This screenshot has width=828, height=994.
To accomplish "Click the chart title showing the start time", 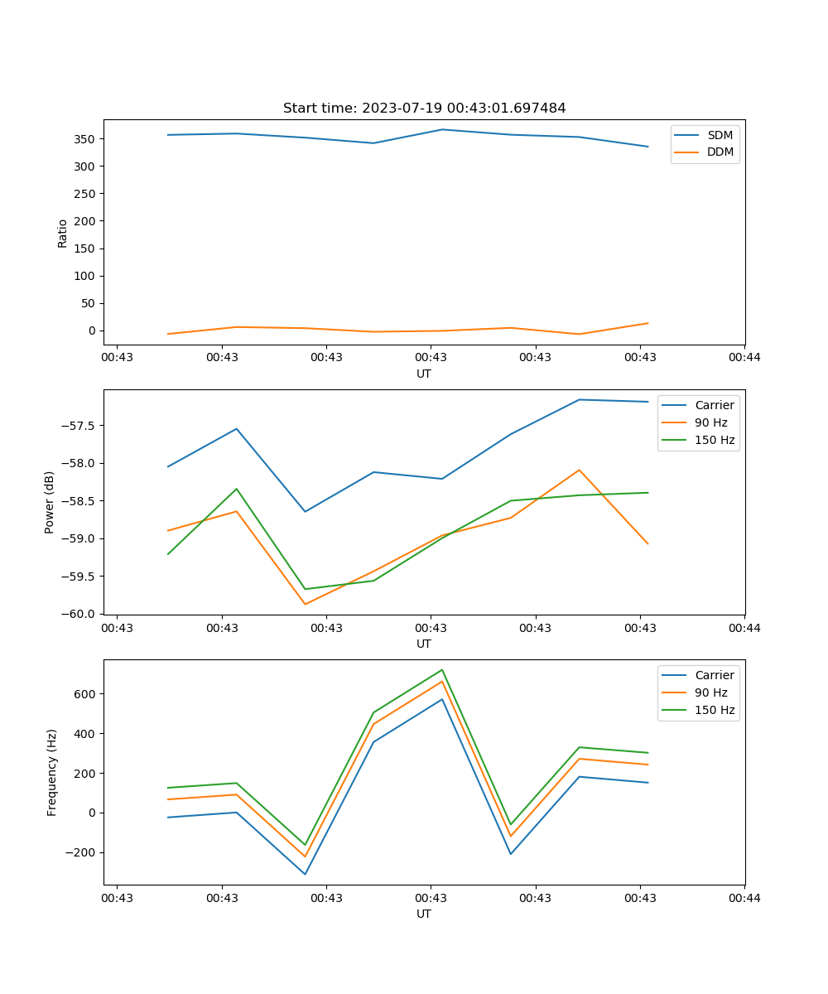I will click(424, 109).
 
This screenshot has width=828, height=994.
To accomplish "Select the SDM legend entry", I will click(720, 135).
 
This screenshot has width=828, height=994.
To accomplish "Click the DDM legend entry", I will click(720, 152).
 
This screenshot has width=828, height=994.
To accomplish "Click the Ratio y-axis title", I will click(63, 233).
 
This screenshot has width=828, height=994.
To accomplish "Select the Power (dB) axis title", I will click(50, 502).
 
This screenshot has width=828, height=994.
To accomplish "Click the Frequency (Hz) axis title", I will click(51, 772).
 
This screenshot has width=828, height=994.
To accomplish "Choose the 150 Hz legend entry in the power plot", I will click(714, 440).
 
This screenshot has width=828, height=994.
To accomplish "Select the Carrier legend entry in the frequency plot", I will click(714, 675).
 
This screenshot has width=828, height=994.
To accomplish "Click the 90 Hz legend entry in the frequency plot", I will click(710, 692).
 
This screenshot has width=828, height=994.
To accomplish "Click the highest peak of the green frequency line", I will click(442, 669).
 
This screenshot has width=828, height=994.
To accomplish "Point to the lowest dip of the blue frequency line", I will click(305, 874).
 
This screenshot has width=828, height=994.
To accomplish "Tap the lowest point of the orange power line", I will click(305, 604).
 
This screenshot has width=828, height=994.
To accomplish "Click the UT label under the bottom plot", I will click(424, 914).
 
